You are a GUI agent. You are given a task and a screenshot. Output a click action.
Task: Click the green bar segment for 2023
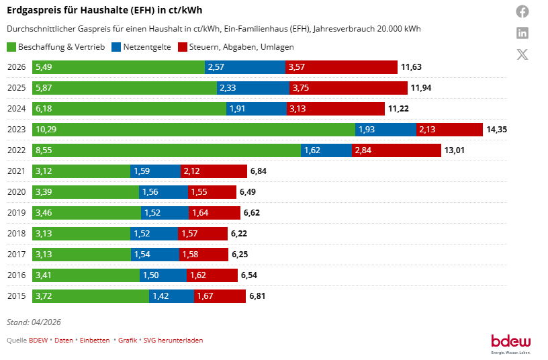193,130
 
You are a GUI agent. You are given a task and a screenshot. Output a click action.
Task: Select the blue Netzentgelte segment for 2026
245,67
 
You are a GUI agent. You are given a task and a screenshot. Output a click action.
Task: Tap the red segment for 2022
396,150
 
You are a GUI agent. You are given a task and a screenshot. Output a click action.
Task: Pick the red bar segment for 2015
220,296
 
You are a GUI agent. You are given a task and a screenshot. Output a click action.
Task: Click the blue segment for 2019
165,213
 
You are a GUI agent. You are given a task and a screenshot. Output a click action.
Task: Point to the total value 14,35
497,130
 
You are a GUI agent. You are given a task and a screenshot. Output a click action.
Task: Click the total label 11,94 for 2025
421,88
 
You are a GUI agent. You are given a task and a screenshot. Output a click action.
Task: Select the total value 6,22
239,234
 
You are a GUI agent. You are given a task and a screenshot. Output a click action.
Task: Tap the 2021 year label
16,171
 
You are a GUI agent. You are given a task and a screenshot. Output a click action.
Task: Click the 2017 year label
16,255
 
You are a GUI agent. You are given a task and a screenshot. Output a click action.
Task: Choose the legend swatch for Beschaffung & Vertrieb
11,47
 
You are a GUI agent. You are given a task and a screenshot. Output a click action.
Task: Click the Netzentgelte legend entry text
147,47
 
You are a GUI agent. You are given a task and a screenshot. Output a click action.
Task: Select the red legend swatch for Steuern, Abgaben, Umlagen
183,47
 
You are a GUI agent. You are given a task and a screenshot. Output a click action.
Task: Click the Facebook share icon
522,11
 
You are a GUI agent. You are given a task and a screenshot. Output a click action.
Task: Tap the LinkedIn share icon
522,33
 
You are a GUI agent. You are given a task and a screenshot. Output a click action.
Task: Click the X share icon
522,54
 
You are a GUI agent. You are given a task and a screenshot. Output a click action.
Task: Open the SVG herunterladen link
173,341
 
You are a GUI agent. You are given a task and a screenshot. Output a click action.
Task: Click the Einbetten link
95,341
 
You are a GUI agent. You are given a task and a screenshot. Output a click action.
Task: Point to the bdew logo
511,344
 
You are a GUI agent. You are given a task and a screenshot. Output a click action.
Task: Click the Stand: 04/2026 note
34,322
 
